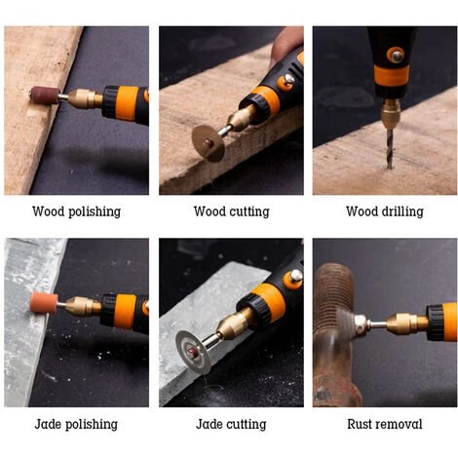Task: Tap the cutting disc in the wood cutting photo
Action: [x=209, y=142]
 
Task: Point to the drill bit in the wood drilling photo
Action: [x=390, y=148]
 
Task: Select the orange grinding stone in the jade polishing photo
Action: [x=44, y=303]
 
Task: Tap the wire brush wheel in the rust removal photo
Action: [x=345, y=324]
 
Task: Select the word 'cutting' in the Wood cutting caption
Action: [x=249, y=211]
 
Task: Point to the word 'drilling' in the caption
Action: [x=402, y=211]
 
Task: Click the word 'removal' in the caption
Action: [x=401, y=424]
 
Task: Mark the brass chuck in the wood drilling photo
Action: [x=391, y=113]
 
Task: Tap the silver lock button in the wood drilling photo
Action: [x=397, y=57]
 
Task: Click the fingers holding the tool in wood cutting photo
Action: [x=286, y=42]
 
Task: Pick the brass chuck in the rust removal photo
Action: [x=408, y=323]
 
